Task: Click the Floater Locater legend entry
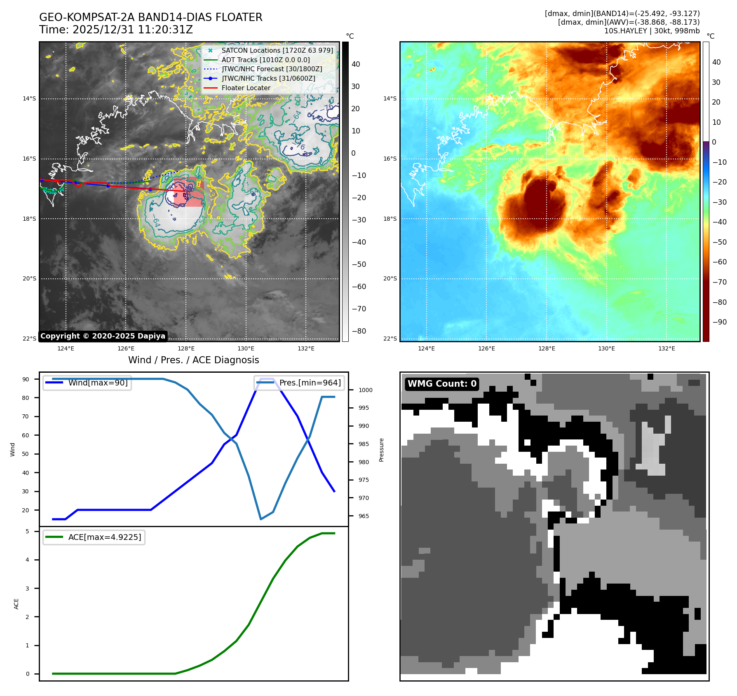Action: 246,88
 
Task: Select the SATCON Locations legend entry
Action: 277,50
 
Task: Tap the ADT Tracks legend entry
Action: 265,60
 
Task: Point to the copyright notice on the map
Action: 103,336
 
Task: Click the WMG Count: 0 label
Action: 442,384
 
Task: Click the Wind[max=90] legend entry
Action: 98,383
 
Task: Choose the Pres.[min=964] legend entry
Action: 310,383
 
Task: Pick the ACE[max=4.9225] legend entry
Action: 104,537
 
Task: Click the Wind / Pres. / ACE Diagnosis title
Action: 193,360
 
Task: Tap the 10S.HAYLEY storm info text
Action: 652,31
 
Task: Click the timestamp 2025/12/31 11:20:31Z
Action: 132,30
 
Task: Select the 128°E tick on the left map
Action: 186,348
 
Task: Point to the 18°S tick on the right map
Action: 390,219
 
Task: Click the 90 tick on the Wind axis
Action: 26,379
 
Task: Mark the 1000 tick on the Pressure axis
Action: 365,390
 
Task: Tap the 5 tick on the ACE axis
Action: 28,531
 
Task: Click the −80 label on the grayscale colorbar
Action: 359,331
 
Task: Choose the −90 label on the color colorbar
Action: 719,322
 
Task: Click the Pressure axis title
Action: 382,450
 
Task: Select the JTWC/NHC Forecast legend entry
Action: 272,69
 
